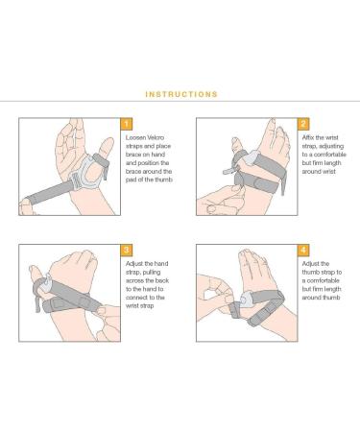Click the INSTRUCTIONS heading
(181, 94)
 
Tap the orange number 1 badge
(127, 124)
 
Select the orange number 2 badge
(303, 124)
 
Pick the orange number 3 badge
(127, 250)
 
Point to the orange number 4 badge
(303, 250)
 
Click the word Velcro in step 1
(156, 137)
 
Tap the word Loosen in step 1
(135, 137)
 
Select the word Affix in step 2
(308, 137)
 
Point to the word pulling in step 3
(152, 273)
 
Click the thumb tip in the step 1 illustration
(108, 141)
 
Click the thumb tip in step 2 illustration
(235, 140)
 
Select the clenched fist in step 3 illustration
(75, 269)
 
